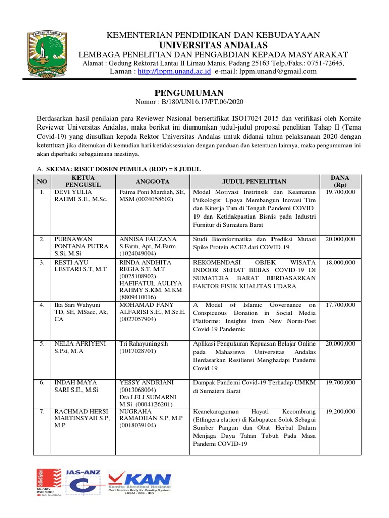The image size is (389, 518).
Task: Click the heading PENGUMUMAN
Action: point(188,93)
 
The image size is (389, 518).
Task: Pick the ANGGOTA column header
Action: point(152,182)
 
